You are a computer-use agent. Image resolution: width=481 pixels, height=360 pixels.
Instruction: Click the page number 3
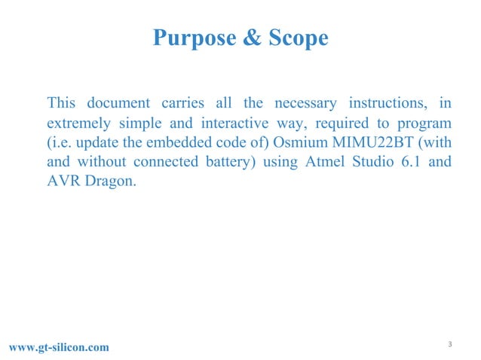449,344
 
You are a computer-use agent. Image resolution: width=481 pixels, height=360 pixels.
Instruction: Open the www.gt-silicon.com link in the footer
58,346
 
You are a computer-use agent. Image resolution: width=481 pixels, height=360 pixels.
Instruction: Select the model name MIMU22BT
375,142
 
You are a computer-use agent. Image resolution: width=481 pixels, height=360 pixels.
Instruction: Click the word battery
218,162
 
